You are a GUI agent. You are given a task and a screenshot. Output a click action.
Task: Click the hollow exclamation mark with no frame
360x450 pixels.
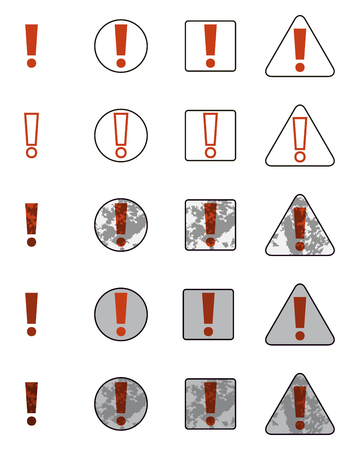pos(31,130)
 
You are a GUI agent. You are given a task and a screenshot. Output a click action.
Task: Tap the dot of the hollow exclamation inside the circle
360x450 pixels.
pos(120,154)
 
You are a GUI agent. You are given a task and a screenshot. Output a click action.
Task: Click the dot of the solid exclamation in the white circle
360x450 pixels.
pos(120,63)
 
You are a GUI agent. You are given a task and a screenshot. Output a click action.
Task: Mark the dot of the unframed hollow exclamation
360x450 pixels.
pos(31,154)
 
